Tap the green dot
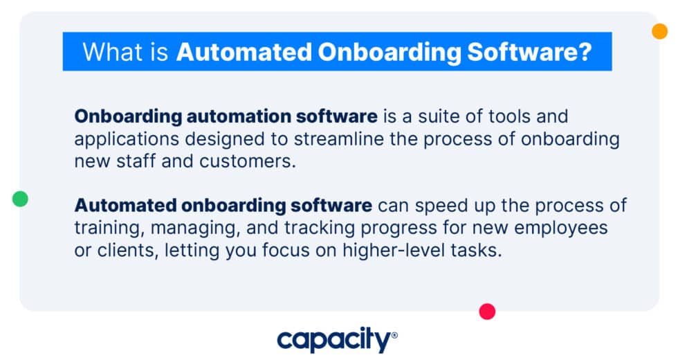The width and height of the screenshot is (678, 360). (x=21, y=199)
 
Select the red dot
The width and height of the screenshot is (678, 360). (x=488, y=312)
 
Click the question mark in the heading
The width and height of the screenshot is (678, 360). (x=585, y=52)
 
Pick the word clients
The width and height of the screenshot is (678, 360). (x=124, y=251)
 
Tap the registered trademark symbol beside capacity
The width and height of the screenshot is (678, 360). (x=394, y=335)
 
